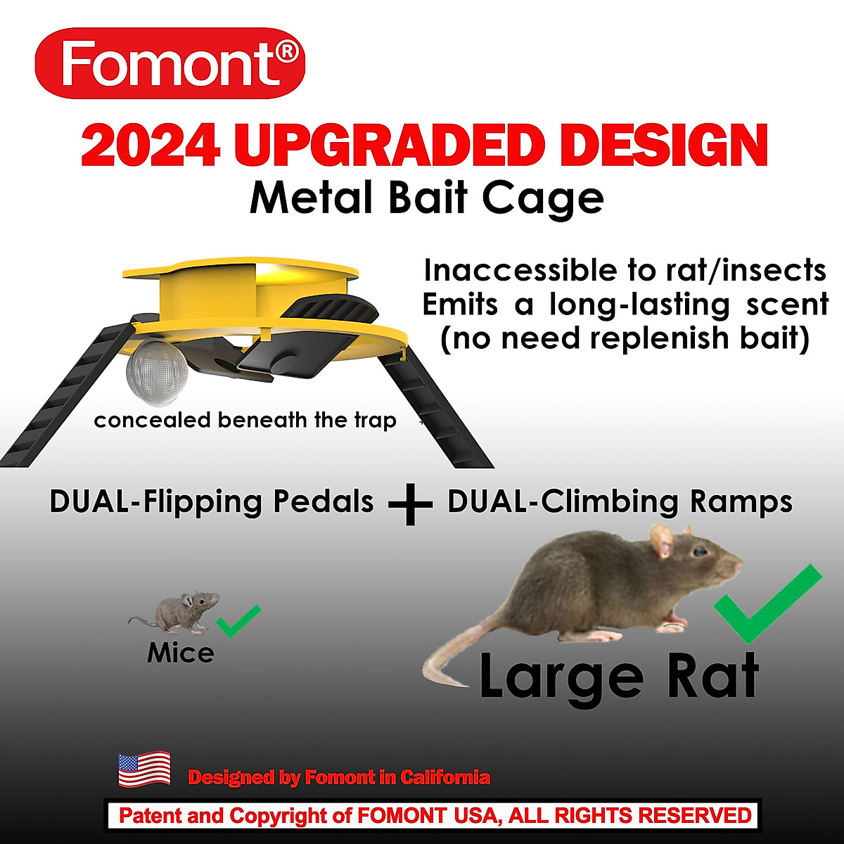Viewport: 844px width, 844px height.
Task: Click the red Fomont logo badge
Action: click(x=170, y=64)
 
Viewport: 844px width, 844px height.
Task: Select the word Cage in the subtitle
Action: click(x=563, y=198)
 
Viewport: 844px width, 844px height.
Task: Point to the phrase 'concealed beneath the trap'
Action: click(x=245, y=421)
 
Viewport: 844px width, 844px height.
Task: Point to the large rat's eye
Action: click(x=701, y=553)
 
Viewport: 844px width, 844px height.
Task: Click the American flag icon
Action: click(x=144, y=768)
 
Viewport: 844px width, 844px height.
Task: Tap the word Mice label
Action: click(x=181, y=653)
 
